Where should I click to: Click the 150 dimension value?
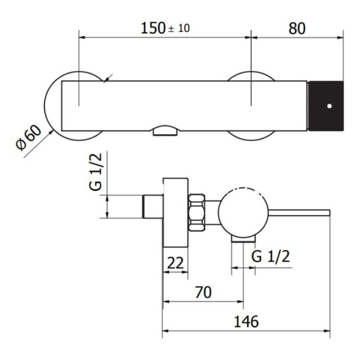coord(153,28)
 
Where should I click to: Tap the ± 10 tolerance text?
coord(179,28)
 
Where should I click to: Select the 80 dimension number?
coord(297,28)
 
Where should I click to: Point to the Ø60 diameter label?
coord(29,138)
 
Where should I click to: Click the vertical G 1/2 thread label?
coord(95,172)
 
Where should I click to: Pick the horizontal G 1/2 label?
coord(270,256)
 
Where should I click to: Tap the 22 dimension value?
coord(175,263)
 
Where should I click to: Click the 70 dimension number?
coord(203,292)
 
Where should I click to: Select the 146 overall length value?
coord(246,321)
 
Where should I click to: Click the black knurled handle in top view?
coord(325,106)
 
